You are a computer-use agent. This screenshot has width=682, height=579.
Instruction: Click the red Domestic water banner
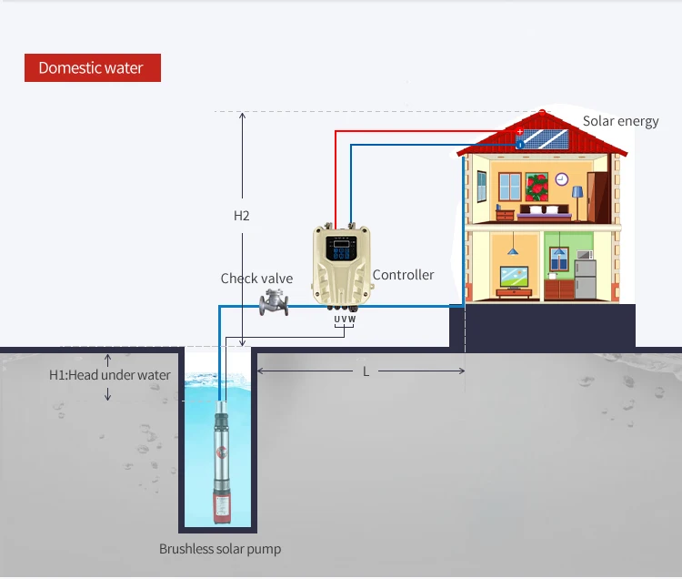click(92, 68)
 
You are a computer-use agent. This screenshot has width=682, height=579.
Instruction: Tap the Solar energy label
click(620, 121)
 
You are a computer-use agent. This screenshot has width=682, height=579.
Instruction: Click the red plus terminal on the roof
click(520, 132)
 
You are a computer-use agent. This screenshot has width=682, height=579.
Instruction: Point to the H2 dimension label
click(241, 216)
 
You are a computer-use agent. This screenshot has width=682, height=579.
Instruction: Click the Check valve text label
click(256, 279)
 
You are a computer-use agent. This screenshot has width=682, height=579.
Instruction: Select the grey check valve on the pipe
click(274, 303)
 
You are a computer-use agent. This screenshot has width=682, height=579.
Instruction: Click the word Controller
click(403, 275)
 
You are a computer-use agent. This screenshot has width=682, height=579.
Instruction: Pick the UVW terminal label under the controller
click(344, 320)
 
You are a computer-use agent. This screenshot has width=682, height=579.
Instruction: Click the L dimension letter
click(366, 371)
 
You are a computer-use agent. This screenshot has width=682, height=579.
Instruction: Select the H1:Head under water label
click(109, 375)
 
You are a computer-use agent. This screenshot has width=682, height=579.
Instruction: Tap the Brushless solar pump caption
click(220, 549)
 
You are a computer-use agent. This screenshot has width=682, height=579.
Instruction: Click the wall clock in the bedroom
click(561, 179)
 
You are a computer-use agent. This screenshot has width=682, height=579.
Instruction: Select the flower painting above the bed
click(537, 187)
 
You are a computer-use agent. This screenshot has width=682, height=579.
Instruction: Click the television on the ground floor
click(515, 276)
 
